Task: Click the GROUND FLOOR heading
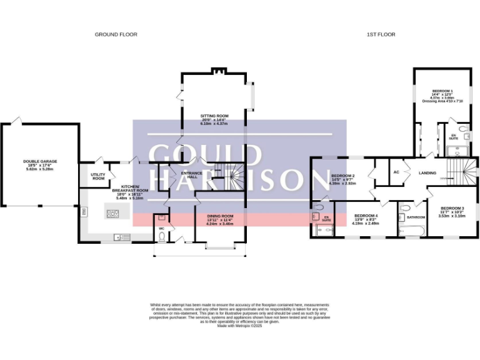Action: tap(116, 34)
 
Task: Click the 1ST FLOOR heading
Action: tap(381, 34)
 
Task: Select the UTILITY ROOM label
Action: tap(97, 177)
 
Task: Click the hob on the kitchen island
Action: tap(114, 214)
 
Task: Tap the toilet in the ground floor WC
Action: tap(161, 218)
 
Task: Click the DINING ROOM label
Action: tap(219, 217)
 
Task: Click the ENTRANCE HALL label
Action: tap(189, 176)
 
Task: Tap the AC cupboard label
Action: tap(396, 172)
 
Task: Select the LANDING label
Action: tap(427, 173)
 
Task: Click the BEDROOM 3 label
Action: tap(452, 207)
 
